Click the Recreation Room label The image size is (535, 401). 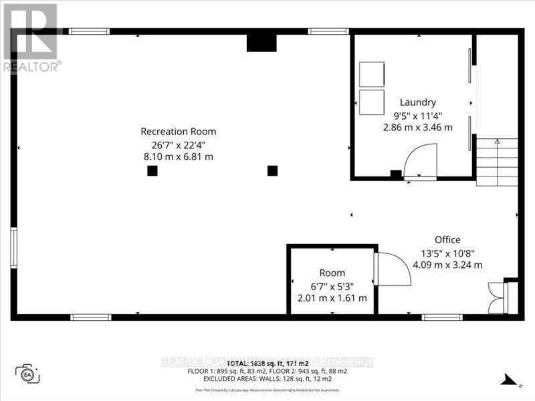click(x=178, y=132)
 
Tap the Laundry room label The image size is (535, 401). click(x=418, y=102)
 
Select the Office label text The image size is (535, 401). click(x=447, y=239)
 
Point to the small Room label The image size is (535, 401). click(x=332, y=273)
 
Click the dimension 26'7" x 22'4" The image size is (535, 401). click(x=178, y=144)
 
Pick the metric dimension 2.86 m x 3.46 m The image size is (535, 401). click(x=418, y=127)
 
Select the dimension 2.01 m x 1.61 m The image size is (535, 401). click(x=332, y=298)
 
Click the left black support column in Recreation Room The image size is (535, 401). click(x=152, y=170)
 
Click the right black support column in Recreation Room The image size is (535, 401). click(x=272, y=170)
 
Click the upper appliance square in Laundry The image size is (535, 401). click(x=372, y=74)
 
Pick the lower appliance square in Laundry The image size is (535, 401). click(x=372, y=102)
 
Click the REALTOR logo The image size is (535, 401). click(x=31, y=37)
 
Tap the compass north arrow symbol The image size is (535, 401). click(x=510, y=382)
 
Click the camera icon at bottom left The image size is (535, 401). click(x=27, y=374)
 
